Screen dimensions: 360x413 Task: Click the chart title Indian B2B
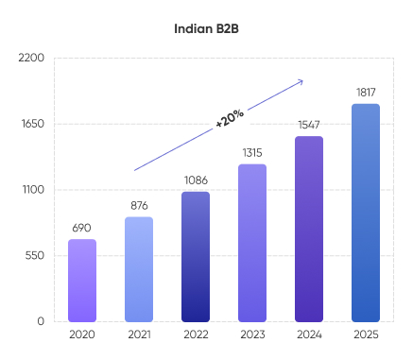206,28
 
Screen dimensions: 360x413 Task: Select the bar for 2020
82,280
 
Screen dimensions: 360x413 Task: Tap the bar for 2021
139,269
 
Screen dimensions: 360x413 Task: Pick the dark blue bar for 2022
196,256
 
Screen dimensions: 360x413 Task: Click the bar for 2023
251,243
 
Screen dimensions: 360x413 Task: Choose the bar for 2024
309,229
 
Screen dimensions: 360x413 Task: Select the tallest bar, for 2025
366,213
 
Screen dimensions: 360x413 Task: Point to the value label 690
82,228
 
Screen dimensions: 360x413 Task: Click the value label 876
139,205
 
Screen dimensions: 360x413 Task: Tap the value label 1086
196,180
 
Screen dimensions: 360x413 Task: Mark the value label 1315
251,152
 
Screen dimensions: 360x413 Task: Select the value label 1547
309,125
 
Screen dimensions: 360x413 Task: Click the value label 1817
366,92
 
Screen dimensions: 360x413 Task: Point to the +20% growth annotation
230,118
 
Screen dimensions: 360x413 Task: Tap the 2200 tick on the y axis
32,58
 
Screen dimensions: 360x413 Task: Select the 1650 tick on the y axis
32,124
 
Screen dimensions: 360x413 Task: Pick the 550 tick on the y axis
34,255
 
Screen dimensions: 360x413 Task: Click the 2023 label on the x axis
251,334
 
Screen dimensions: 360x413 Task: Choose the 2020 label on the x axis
82,334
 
